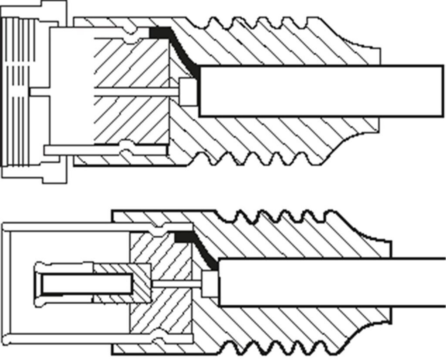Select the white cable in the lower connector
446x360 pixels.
click(x=331, y=282)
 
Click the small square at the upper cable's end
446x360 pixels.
click(x=188, y=92)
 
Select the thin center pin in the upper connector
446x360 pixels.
click(x=135, y=92)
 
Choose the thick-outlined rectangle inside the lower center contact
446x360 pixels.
click(x=87, y=284)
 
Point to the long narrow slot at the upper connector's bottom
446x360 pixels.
click(x=105, y=150)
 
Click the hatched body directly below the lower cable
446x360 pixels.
click(x=305, y=322)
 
